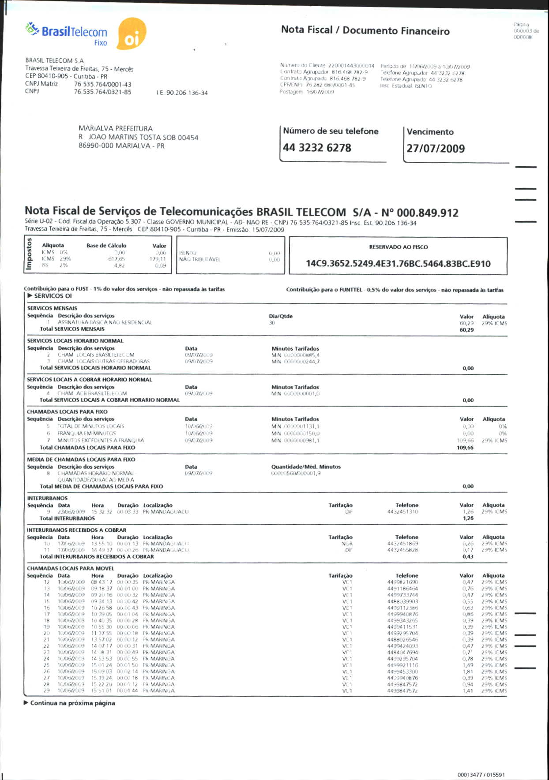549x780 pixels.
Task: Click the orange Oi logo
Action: point(132,34)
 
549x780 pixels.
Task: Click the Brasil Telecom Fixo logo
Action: point(67,34)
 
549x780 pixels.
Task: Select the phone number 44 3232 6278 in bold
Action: point(317,148)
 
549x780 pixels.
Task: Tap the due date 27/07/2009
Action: point(436,149)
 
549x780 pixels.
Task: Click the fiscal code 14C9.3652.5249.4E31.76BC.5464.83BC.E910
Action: point(398,264)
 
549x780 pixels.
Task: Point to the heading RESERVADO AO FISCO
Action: point(398,247)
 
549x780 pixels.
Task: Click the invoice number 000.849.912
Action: point(428,213)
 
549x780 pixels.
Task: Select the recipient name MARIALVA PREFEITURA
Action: point(116,128)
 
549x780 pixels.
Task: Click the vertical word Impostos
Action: point(30,254)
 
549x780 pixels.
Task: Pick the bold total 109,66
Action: point(465,448)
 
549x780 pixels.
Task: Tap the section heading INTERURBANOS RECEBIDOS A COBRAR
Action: point(76,530)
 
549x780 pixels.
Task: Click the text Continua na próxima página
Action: point(72,703)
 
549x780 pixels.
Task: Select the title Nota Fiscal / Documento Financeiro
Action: point(365,30)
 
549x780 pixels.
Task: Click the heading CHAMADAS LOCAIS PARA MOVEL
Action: point(71,568)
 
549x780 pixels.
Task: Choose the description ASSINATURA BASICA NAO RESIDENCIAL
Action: point(105,322)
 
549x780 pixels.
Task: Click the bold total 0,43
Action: point(468,556)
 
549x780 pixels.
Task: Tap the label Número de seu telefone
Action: point(331,131)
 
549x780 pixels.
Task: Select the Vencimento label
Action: point(430,132)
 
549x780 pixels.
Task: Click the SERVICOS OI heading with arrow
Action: point(49,296)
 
